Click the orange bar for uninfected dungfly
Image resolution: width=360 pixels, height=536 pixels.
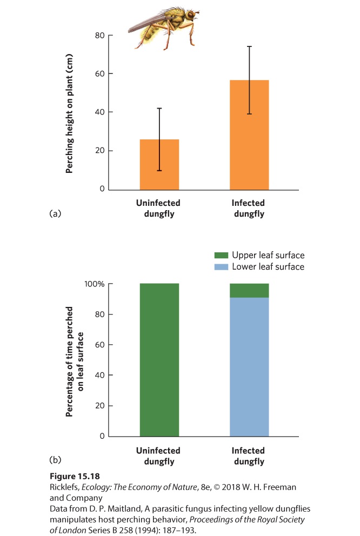click(x=159, y=164)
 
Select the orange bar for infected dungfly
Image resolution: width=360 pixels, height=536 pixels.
click(x=249, y=135)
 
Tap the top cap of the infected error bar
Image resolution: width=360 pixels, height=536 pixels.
click(x=249, y=46)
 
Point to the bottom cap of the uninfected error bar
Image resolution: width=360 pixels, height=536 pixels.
click(x=159, y=170)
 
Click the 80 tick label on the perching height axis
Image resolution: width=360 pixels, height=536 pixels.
click(x=100, y=36)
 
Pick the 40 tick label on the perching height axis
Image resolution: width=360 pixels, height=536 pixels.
click(x=100, y=112)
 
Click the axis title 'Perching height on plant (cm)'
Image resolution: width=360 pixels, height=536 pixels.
click(x=69, y=113)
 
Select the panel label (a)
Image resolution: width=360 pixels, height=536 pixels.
click(x=55, y=213)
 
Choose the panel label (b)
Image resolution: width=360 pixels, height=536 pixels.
click(x=55, y=460)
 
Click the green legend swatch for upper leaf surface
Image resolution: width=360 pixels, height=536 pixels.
click(x=221, y=255)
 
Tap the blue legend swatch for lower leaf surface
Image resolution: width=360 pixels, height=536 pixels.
click(x=221, y=266)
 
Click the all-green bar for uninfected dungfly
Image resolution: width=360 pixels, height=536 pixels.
click(x=159, y=360)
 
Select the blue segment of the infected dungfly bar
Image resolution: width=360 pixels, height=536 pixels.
click(x=249, y=367)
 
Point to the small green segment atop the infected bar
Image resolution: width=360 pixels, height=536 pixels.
click(x=249, y=291)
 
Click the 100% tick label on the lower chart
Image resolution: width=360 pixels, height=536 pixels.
click(x=95, y=284)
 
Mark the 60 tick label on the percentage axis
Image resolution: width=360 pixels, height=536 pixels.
click(x=100, y=345)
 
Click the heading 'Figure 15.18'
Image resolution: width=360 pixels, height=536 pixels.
click(x=75, y=477)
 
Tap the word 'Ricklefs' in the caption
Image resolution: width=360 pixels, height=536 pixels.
click(x=64, y=487)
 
